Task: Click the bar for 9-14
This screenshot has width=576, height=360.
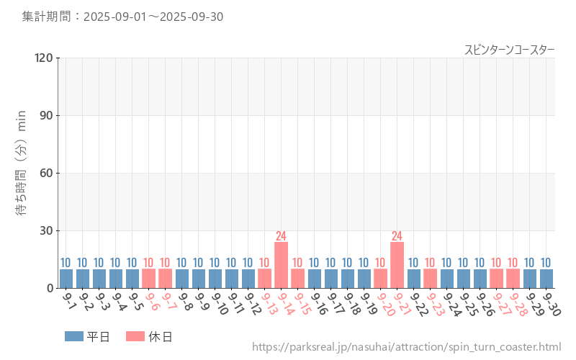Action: (x=281, y=265)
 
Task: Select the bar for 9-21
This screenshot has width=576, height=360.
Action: (x=397, y=265)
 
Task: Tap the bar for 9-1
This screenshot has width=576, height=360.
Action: (x=66, y=279)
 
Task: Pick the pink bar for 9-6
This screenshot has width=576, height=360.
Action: (x=148, y=279)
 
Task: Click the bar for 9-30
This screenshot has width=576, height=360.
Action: (x=546, y=279)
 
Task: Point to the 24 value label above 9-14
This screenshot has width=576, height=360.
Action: (x=281, y=236)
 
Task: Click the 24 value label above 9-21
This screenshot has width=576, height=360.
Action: (x=397, y=236)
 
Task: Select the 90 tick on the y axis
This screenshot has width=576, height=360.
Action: (x=46, y=115)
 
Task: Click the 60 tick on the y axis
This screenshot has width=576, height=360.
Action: (x=46, y=173)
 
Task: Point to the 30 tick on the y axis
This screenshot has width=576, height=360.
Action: (x=46, y=230)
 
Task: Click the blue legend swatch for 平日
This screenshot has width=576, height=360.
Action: (x=74, y=336)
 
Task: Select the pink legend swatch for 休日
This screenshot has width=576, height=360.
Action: (x=135, y=336)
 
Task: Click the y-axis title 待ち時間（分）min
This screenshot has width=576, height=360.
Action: (x=22, y=173)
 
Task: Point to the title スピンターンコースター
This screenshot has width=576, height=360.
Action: (x=509, y=50)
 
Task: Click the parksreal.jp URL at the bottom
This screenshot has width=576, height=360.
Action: (x=406, y=347)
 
